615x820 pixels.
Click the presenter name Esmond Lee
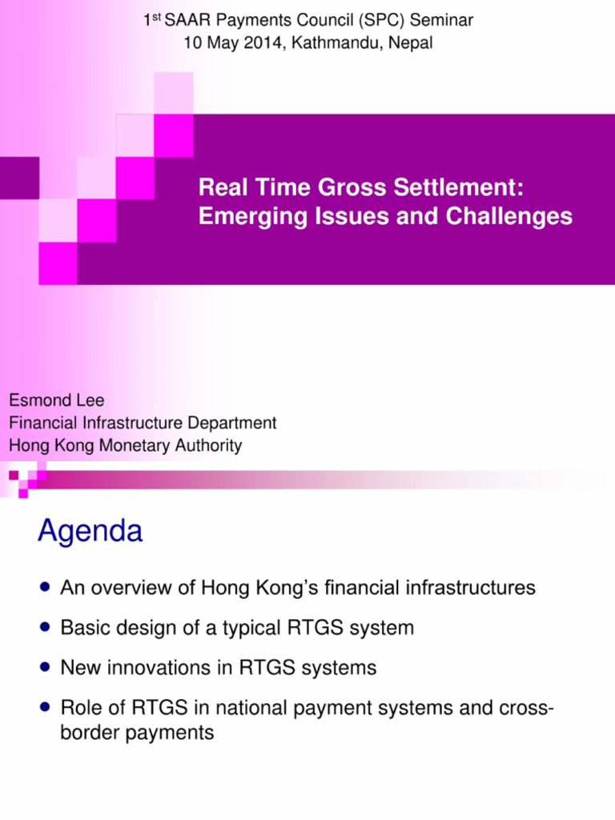pos(56,400)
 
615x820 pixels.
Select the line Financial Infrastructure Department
pos(143,423)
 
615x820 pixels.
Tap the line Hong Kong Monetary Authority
pos(125,446)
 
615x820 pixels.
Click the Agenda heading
pos(90,532)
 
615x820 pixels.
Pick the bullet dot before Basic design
pos(45,628)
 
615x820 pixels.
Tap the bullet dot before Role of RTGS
pos(45,707)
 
